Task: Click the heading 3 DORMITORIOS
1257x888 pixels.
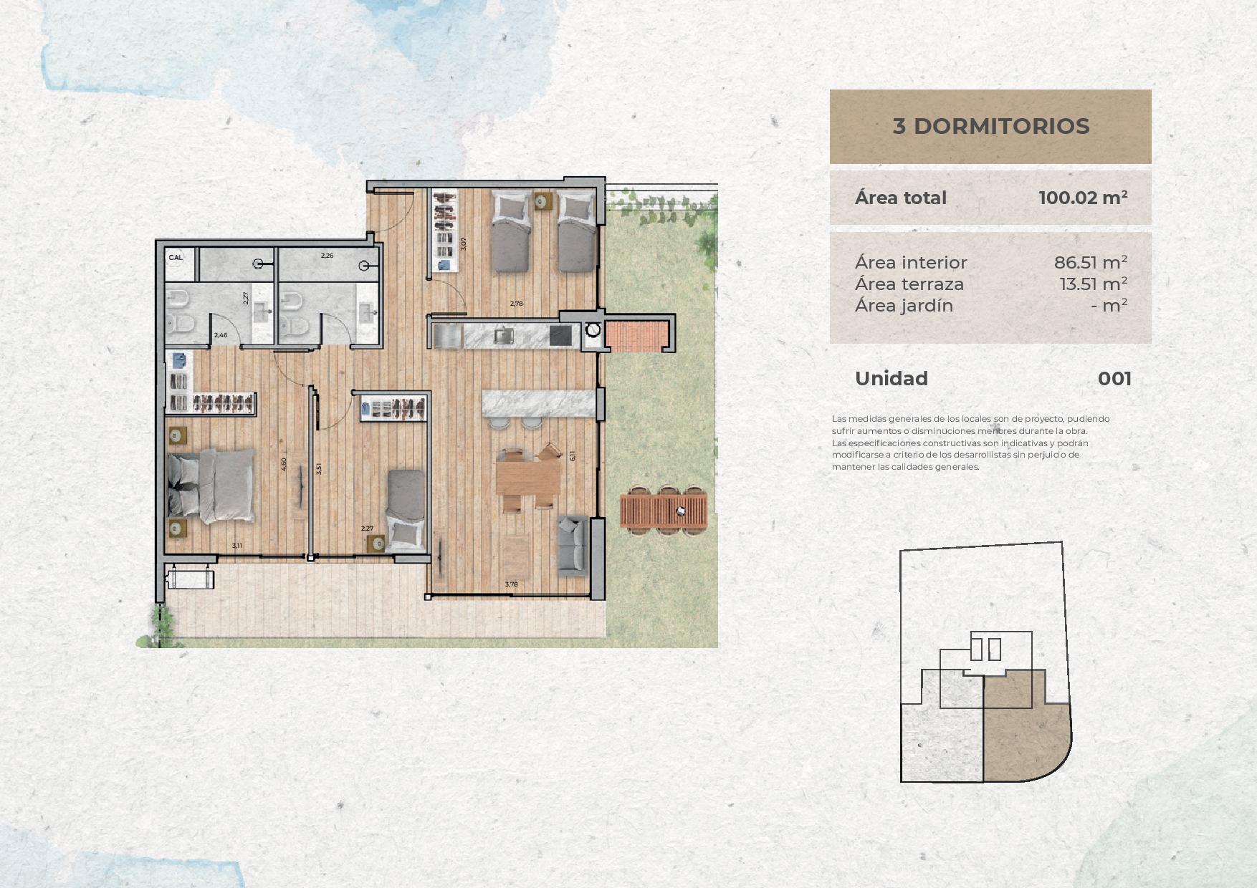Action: [x=990, y=126]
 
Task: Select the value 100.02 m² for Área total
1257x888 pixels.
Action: [x=1083, y=198]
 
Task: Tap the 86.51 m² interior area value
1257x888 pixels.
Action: [x=1091, y=262]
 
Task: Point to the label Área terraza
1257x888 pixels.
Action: [x=909, y=284]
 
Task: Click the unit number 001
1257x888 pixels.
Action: [x=1114, y=378]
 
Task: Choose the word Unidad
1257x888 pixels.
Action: [x=892, y=378]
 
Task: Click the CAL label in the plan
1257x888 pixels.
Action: [x=176, y=257]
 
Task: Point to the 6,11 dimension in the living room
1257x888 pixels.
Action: [x=572, y=455]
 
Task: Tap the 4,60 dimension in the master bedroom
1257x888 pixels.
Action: [x=284, y=464]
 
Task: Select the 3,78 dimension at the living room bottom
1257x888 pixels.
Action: [x=511, y=584]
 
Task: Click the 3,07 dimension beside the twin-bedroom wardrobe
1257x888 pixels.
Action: [x=464, y=243]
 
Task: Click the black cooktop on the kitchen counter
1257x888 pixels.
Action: [x=561, y=335]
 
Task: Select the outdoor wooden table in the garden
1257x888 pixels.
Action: [x=664, y=511]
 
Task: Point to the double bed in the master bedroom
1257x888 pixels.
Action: [x=211, y=485]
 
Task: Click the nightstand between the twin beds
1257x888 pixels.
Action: [x=543, y=201]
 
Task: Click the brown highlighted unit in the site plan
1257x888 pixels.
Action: [x=1025, y=730]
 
